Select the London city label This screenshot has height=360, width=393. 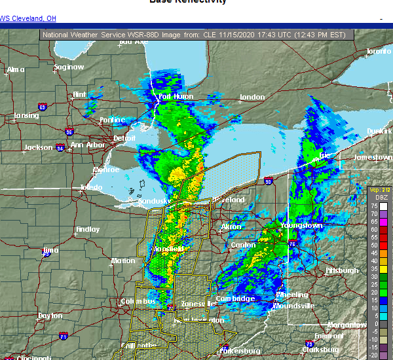point(253,98)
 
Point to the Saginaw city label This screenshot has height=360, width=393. point(69,67)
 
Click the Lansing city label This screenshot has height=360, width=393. point(26,117)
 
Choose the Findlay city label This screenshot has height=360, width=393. point(88,230)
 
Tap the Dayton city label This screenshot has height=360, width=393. point(50,315)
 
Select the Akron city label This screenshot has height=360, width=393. point(231,226)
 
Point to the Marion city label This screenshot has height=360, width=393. point(123,261)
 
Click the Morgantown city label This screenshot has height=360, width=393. point(347,325)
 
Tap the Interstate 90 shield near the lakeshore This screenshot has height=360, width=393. point(269,181)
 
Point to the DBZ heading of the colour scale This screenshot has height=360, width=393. point(380,196)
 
